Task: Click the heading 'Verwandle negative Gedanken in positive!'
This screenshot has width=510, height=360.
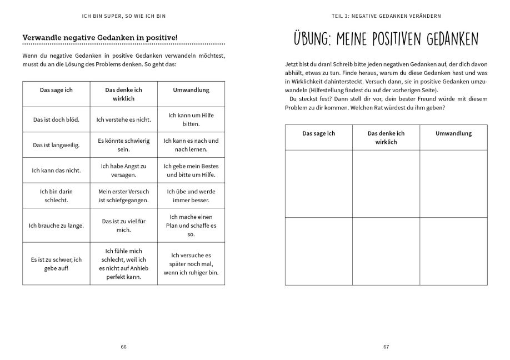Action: click(x=108, y=37)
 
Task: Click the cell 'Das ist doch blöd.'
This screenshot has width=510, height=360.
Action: click(x=56, y=119)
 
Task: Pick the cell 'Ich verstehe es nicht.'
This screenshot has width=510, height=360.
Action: click(x=124, y=119)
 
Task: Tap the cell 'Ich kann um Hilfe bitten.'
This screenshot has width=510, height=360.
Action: click(x=191, y=119)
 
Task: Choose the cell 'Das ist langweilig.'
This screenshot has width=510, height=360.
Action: click(x=56, y=145)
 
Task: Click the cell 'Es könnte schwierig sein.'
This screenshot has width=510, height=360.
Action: click(x=124, y=145)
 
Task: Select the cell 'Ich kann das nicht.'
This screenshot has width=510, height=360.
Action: click(x=56, y=171)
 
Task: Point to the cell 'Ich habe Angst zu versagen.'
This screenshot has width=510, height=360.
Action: click(x=124, y=171)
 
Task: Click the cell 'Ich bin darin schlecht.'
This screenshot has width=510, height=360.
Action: click(x=56, y=196)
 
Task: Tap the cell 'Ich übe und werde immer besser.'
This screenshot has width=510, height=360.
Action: click(x=191, y=196)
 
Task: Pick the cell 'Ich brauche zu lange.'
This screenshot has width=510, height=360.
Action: click(x=56, y=225)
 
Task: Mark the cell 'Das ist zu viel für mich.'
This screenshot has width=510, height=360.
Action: click(x=124, y=225)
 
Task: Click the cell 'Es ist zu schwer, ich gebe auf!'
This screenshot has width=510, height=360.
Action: click(x=56, y=263)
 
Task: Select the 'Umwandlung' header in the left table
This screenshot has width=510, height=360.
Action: click(x=191, y=89)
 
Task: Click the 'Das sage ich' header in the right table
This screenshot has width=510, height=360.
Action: click(x=318, y=133)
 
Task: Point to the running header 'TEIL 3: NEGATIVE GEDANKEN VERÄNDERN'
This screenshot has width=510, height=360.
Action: click(x=386, y=15)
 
